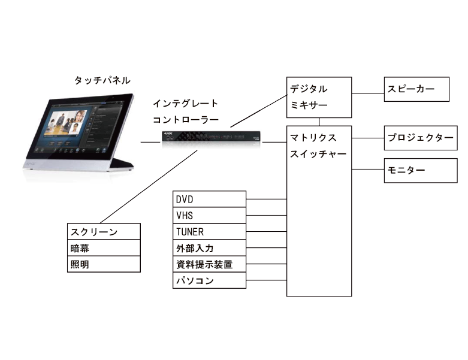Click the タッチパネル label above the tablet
click(102, 80)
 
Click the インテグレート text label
click(185, 104)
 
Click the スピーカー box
click(416, 89)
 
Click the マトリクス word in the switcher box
click(314, 137)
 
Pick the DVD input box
click(209, 199)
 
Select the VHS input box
click(209, 215)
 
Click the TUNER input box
click(209, 232)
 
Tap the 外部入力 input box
click(209, 248)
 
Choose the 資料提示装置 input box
click(209, 264)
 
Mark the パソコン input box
click(209, 280)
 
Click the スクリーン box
click(104, 232)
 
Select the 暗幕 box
click(104, 248)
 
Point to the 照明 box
click(104, 264)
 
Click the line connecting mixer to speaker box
click(368, 93)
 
